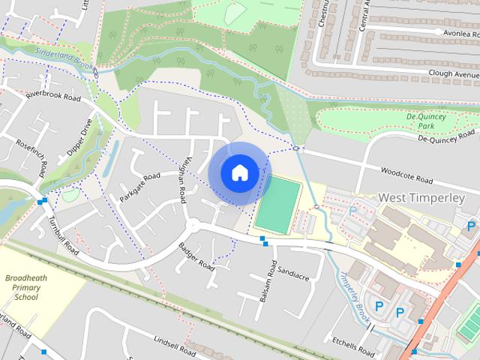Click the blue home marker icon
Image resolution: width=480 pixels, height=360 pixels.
coord(239,172)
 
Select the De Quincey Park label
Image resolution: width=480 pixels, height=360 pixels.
coord(426,121)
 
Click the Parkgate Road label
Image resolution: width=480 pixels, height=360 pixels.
coord(139,187)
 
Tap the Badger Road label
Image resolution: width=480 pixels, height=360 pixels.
coord(196,256)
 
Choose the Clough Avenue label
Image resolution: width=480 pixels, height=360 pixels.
coord(452,75)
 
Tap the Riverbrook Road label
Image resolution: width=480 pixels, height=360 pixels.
coord(52,97)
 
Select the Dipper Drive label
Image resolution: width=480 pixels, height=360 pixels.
coord(79,137)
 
